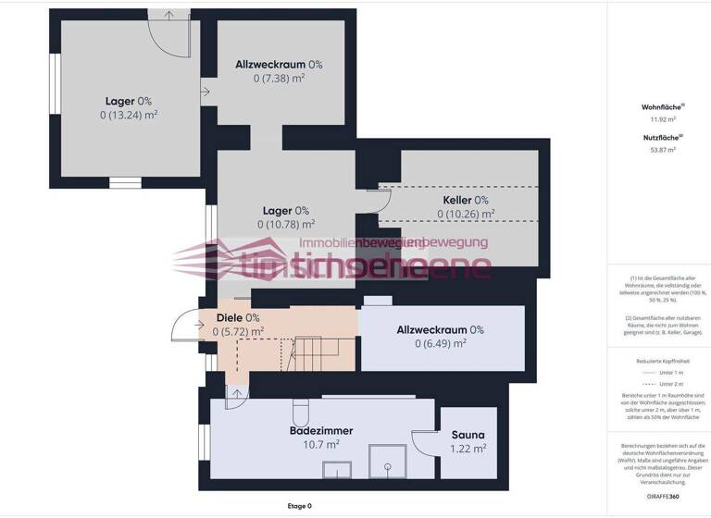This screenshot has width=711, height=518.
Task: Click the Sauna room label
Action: [x=468, y=434]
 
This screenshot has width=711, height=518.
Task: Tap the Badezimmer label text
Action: [x=321, y=430]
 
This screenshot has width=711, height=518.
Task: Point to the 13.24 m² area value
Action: [x=129, y=116]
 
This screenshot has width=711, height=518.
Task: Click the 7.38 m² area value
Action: [x=279, y=79]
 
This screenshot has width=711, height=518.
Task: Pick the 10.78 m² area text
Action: [x=286, y=224]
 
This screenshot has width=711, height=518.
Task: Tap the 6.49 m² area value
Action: [x=440, y=343]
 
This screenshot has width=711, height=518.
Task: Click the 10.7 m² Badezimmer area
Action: [x=320, y=444]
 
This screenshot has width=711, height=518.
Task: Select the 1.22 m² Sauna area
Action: [x=468, y=449]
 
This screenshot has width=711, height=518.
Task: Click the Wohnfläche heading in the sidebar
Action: [x=662, y=107]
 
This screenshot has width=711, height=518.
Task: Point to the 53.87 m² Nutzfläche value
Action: [x=662, y=149]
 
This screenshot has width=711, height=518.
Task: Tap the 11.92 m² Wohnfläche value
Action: [x=662, y=119]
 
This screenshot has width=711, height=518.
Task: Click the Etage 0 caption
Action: [x=299, y=506]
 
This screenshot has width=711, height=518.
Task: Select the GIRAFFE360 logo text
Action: [x=662, y=496]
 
